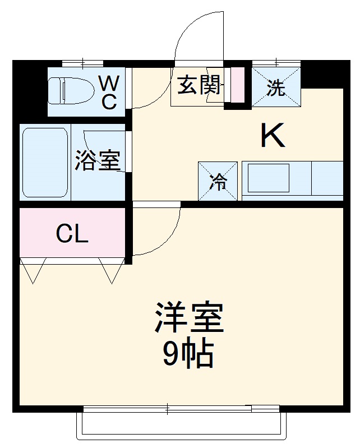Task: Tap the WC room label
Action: tap(109, 93)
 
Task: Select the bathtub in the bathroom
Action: tap(45, 162)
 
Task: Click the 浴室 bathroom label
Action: tap(98, 161)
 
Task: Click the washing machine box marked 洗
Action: tap(275, 87)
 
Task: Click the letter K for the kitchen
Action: tap(274, 135)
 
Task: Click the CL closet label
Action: tap(72, 233)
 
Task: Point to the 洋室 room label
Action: tap(189, 319)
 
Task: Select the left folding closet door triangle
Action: tap(32, 270)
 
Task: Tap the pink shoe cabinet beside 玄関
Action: tap(238, 85)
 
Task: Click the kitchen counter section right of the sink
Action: tap(327, 178)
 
